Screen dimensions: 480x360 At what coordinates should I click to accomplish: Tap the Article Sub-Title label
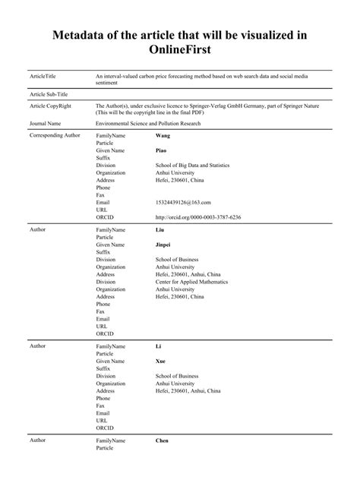click(x=49, y=94)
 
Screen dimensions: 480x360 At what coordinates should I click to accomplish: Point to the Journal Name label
click(x=46, y=122)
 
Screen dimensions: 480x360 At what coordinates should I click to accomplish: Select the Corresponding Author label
click(x=55, y=135)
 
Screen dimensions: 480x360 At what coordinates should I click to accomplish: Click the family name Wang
click(x=163, y=135)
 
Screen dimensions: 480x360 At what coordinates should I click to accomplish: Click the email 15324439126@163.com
click(x=182, y=202)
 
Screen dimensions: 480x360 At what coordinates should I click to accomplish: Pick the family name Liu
click(x=160, y=229)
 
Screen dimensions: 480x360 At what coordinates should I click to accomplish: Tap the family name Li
click(x=159, y=346)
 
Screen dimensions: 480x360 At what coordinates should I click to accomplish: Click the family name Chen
click(x=163, y=441)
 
